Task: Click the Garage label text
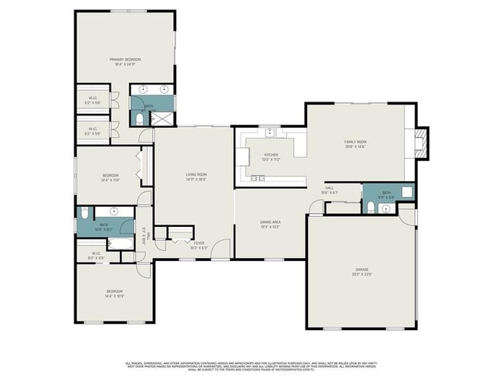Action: pyautogui.click(x=361, y=271)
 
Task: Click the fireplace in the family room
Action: pyautogui.click(x=420, y=143)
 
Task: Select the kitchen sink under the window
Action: pyautogui.click(x=270, y=132)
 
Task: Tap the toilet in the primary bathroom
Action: pyautogui.click(x=139, y=119)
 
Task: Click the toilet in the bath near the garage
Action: pyautogui.click(x=371, y=206)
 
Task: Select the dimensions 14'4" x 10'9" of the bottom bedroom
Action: pyautogui.click(x=115, y=296)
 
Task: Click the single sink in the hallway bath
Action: pyautogui.click(x=114, y=211)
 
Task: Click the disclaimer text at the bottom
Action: pyautogui.click(x=251, y=366)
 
